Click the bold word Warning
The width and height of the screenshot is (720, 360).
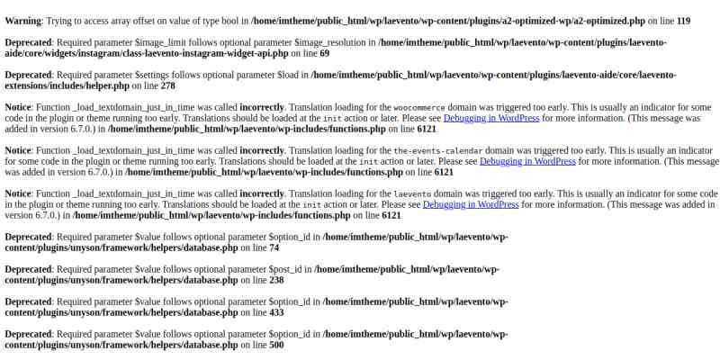(22, 20)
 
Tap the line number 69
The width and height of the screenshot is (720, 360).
(324, 53)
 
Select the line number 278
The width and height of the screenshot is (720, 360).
(167, 85)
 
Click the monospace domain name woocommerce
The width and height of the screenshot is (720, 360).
(419, 107)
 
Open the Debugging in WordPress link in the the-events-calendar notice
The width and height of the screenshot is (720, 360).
(527, 161)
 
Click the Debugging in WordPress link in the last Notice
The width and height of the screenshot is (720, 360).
(471, 204)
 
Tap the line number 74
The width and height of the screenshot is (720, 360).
(274, 247)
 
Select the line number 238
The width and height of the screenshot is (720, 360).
(276, 280)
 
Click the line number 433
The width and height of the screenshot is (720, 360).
(276, 312)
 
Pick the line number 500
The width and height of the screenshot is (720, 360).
(276, 345)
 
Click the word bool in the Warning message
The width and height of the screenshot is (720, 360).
(230, 20)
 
